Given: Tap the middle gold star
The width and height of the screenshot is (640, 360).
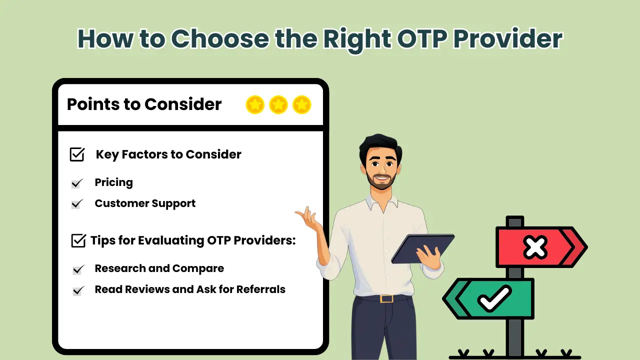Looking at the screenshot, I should (x=278, y=105).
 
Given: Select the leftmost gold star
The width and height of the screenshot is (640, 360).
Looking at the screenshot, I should (x=255, y=105).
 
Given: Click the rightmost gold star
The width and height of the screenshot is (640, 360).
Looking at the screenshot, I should (x=302, y=105).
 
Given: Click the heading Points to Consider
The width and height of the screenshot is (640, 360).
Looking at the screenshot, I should (x=144, y=104).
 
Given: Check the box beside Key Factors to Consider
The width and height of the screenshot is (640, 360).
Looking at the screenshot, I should (x=77, y=154).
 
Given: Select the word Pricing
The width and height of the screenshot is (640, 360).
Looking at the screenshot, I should (x=113, y=182).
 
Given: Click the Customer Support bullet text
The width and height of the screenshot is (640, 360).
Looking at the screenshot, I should (x=145, y=203).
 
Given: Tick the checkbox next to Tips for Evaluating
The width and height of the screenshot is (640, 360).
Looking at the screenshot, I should (x=78, y=240).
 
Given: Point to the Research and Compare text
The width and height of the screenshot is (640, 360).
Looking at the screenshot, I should (x=159, y=268).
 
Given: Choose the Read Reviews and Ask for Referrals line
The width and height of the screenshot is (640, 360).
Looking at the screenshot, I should (x=190, y=289).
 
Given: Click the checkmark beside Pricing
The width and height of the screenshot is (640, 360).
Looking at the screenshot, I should (x=76, y=183).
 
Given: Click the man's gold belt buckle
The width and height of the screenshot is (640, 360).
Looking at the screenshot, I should (x=385, y=298).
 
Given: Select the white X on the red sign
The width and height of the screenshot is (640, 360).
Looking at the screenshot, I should (x=535, y=247).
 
